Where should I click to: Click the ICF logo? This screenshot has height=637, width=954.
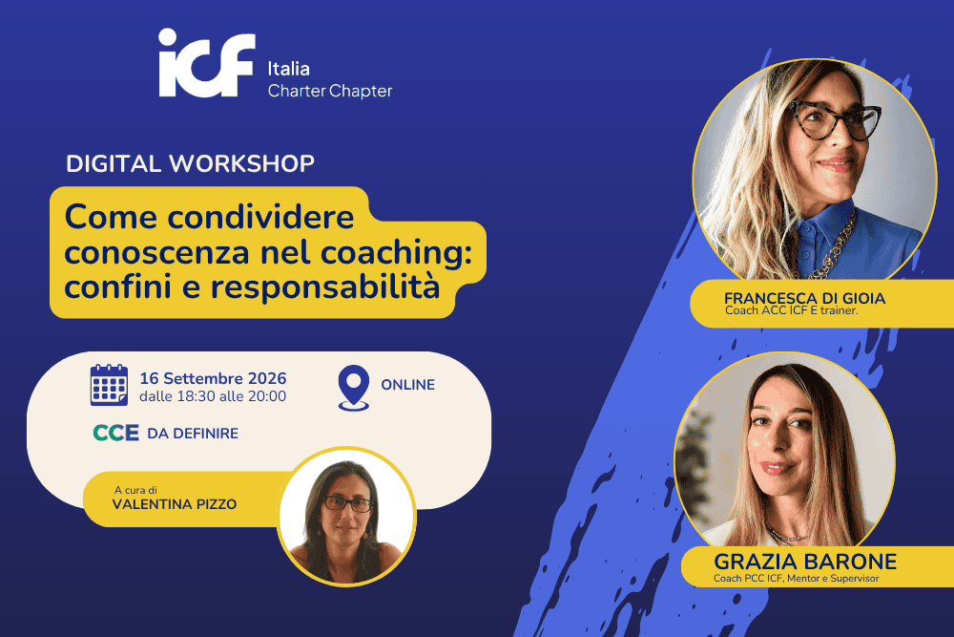pos(206,63)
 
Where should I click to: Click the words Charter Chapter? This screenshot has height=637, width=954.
pos(330,91)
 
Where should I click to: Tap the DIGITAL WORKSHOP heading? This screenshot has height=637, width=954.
pos(190,163)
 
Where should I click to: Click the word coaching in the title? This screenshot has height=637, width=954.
pos(396,253)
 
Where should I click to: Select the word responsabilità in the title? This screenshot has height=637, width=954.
pos(325,287)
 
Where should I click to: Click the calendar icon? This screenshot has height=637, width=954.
pos(109,385)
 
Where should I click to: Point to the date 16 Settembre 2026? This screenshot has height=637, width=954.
pos(213,378)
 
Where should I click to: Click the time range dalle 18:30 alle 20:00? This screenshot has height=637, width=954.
pos(213,396)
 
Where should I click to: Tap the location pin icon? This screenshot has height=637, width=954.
pos(354,388)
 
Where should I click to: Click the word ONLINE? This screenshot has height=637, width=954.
pos(407,385)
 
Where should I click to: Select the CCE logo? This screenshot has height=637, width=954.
pos(115,433)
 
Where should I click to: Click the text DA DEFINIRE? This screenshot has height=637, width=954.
pos(193,433)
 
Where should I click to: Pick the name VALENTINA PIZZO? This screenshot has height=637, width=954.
pos(175,504)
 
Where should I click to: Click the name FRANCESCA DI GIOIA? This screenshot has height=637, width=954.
pos(804,298)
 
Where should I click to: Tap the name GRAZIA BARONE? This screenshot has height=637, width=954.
pos(805,561)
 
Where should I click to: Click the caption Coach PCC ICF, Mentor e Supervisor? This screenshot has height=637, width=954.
pos(797,579)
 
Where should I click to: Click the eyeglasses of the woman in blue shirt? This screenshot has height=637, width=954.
pos(835,120)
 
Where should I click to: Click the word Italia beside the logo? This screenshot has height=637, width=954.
pos(288,69)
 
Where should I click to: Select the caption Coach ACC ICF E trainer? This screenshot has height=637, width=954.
pos(792,310)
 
